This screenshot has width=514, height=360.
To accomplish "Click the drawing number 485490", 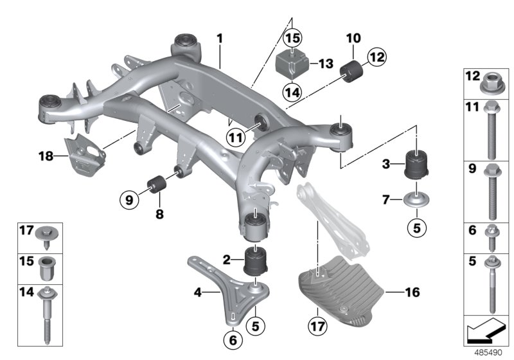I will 490,352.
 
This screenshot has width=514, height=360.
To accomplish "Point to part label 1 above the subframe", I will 219,39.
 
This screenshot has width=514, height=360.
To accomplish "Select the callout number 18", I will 44,155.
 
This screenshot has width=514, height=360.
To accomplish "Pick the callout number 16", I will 412,292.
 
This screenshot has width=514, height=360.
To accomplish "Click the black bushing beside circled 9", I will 157,185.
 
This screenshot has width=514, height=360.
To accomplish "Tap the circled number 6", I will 233,337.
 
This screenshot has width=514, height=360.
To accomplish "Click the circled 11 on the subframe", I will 236,136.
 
